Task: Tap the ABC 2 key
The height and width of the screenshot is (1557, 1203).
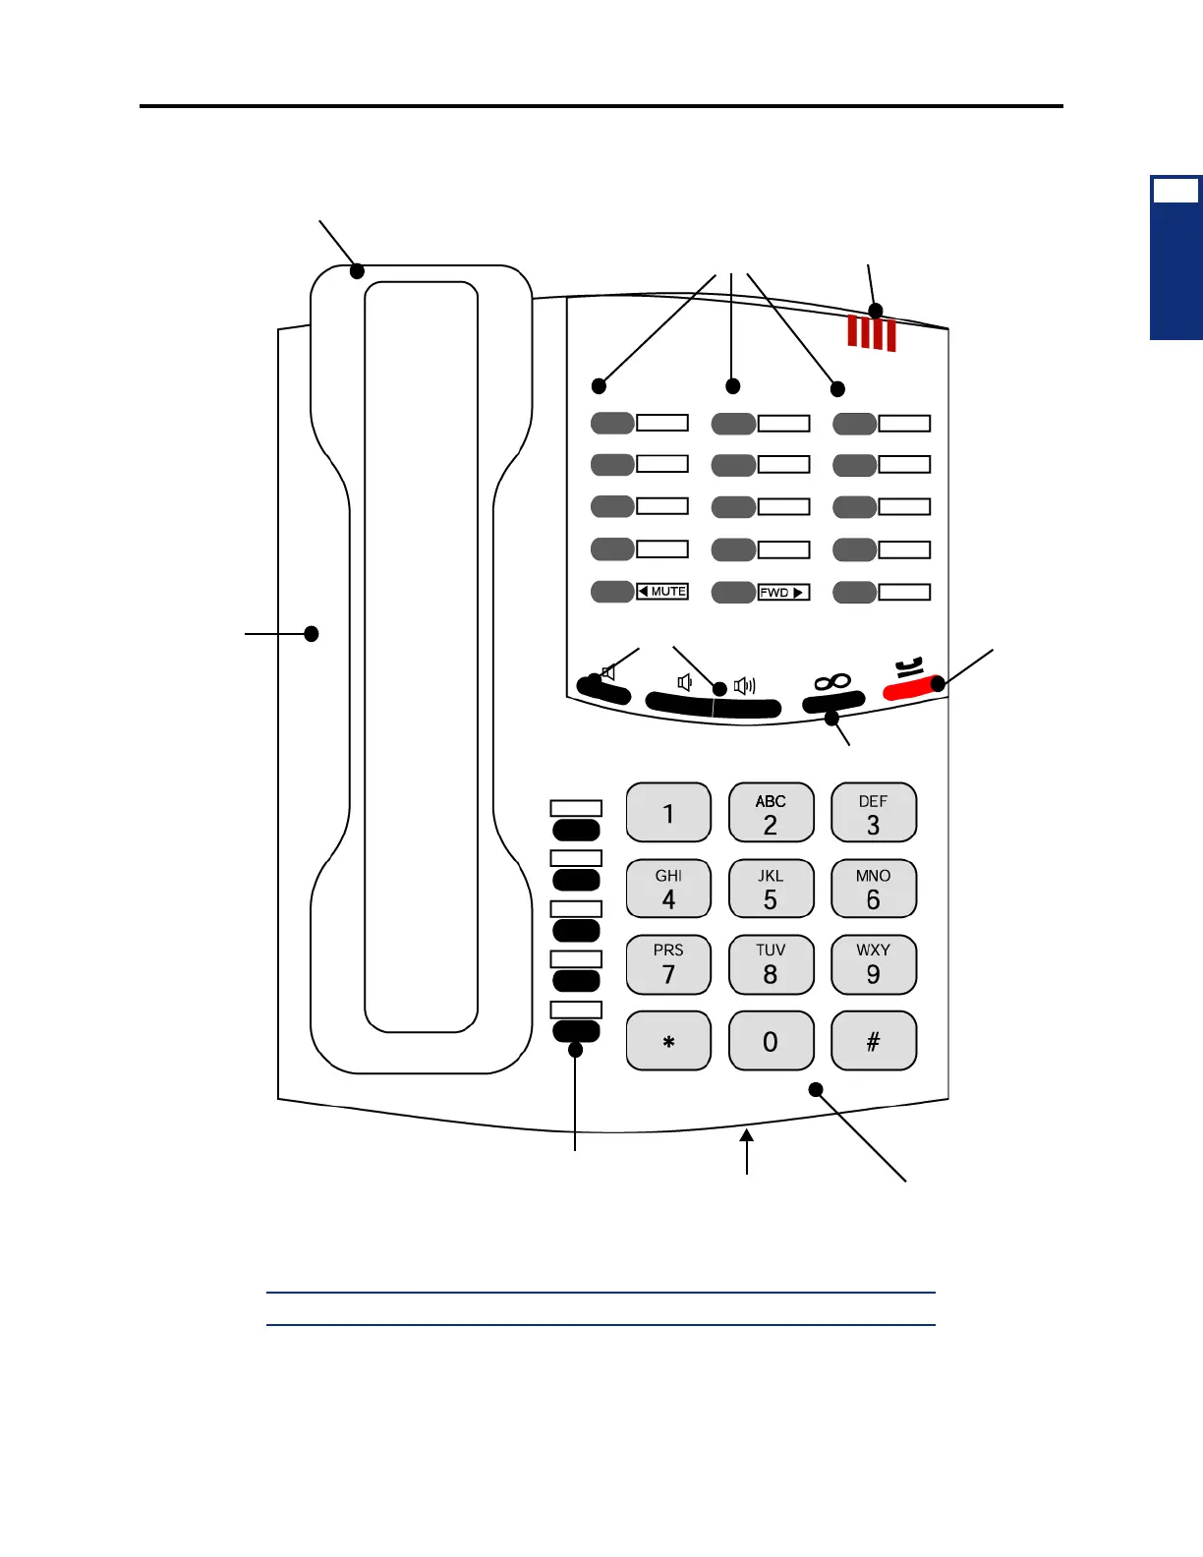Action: click(771, 813)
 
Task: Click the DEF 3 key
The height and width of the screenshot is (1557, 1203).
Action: click(873, 813)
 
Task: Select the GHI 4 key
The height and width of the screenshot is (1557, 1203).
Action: click(668, 889)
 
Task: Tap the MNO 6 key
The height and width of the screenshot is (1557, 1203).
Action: click(873, 889)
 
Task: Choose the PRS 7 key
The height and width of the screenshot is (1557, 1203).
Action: click(668, 964)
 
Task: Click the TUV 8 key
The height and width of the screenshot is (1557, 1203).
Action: click(771, 964)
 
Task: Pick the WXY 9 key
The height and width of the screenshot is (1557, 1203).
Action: click(873, 964)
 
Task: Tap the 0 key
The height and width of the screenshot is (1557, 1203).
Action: click(771, 1041)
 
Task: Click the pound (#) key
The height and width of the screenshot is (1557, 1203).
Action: click(873, 1041)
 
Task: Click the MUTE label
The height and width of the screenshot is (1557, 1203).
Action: click(663, 592)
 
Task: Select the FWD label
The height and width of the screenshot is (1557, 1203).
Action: click(783, 593)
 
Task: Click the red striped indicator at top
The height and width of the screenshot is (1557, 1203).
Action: click(872, 333)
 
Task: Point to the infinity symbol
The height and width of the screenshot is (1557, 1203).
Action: click(831, 681)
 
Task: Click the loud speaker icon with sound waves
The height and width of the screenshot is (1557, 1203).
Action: click(745, 685)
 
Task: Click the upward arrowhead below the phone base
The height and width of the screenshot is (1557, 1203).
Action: click(748, 1137)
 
